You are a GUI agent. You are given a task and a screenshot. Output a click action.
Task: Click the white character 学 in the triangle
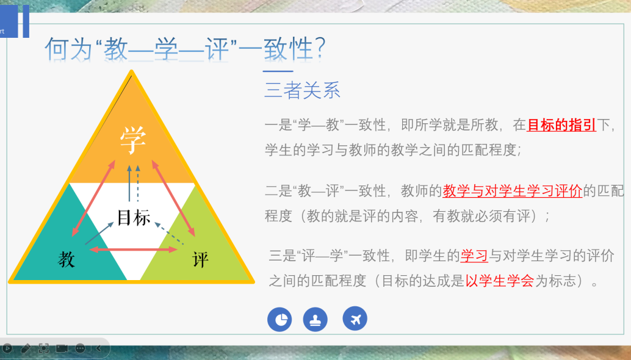(x=133, y=140)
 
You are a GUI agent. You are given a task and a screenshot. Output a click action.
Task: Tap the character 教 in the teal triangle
(x=67, y=259)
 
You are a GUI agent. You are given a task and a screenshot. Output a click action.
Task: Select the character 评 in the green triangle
(x=200, y=259)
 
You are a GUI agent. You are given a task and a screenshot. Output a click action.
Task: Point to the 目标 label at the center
(x=134, y=218)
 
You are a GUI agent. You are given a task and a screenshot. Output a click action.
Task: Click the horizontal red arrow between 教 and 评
(x=133, y=250)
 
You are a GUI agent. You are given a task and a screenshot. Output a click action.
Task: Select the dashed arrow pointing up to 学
(x=138, y=183)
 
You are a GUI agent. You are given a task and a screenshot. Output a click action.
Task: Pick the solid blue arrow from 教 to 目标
(x=99, y=233)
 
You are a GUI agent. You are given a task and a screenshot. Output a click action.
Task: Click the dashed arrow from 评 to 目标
(x=169, y=233)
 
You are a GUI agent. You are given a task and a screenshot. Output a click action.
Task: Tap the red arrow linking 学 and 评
(x=173, y=198)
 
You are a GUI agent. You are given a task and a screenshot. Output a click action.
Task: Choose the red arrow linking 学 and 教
(x=93, y=198)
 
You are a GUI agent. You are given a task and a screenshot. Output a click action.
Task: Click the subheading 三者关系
(x=302, y=90)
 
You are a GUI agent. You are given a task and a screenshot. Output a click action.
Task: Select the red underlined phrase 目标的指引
(x=561, y=125)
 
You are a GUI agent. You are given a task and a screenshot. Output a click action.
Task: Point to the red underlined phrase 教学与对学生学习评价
(x=512, y=190)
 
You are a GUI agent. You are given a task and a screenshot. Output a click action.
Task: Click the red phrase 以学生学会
(x=499, y=280)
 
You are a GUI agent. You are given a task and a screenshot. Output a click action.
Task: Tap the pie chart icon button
(x=279, y=319)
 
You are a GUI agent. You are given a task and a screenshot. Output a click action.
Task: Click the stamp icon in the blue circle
(x=315, y=319)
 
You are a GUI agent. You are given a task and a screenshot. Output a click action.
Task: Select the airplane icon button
(x=355, y=319)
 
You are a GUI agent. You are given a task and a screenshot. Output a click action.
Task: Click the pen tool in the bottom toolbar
(x=26, y=348)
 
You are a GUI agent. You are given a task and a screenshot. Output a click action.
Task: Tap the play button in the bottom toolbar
(x=7, y=348)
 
